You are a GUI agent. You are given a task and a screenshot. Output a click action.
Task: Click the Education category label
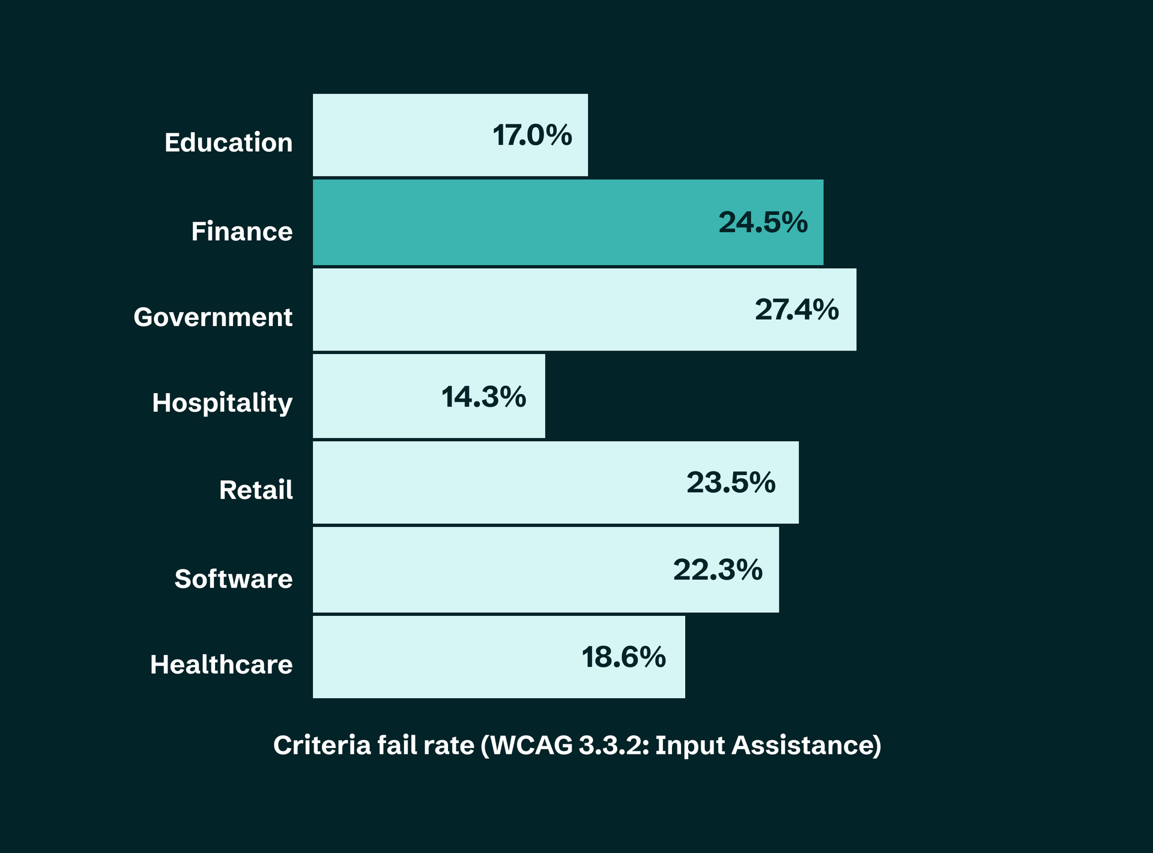[x=228, y=143]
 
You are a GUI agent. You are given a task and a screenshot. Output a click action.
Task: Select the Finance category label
[x=241, y=231]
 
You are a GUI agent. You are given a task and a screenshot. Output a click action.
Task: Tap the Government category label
[x=213, y=317]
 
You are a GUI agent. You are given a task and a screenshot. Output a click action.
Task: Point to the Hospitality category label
[x=222, y=403]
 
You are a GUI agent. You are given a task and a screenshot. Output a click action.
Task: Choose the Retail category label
[x=256, y=490]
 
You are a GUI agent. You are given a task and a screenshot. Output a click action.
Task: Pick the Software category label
[x=234, y=579]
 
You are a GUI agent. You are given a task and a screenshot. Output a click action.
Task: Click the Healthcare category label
[x=221, y=665]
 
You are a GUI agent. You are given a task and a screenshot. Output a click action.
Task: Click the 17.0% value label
[x=532, y=135]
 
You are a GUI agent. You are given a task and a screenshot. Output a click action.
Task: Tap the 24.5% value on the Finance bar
[x=763, y=223]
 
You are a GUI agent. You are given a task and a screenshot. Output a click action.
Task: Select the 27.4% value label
[x=796, y=310]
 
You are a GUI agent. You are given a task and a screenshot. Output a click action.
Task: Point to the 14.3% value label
[x=483, y=397]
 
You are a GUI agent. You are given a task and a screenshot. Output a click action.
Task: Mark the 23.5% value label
[x=731, y=483]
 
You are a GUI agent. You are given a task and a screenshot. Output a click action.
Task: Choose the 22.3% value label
[x=718, y=570]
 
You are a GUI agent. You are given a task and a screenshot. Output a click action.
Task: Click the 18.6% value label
[x=623, y=657]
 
